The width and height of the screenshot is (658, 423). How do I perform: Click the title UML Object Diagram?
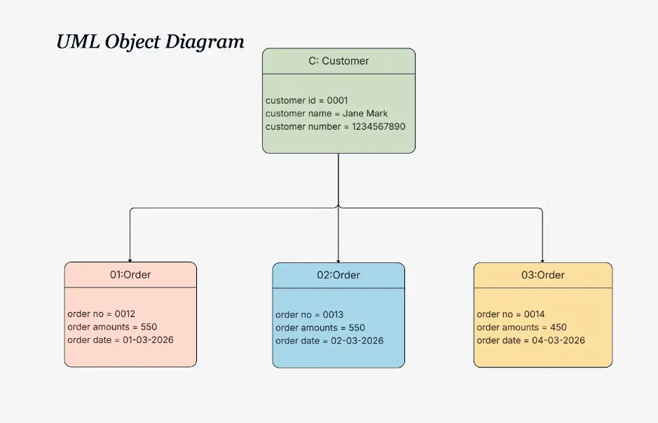(x=150, y=41)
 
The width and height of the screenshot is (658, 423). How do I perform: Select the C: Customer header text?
(x=338, y=61)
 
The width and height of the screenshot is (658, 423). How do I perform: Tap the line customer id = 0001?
(x=306, y=100)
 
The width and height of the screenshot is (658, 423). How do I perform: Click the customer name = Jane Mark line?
(x=326, y=114)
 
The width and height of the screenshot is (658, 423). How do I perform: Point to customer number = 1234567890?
(x=335, y=127)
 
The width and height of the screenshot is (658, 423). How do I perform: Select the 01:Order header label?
(x=130, y=275)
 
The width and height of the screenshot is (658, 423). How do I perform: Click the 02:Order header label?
(x=338, y=275)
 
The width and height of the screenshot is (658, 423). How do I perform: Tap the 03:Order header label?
(x=542, y=275)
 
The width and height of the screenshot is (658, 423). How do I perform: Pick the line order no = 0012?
(x=101, y=314)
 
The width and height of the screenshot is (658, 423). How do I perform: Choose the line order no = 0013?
(x=309, y=315)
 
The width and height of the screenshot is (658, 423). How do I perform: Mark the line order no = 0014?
(x=510, y=314)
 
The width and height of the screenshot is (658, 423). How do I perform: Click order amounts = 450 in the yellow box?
(x=521, y=328)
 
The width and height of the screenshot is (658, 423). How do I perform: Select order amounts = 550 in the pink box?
(x=112, y=327)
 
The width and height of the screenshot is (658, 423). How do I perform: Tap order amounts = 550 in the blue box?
(x=320, y=328)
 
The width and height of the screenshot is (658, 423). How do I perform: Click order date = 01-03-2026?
(x=120, y=340)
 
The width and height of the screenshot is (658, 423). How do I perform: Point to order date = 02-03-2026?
(x=329, y=341)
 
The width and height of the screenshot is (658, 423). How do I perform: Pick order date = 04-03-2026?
(x=530, y=341)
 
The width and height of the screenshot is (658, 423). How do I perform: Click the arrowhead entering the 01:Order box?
(x=130, y=260)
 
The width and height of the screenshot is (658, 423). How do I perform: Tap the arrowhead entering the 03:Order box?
(x=542, y=260)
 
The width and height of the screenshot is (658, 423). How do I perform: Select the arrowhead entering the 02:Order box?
(x=338, y=260)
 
